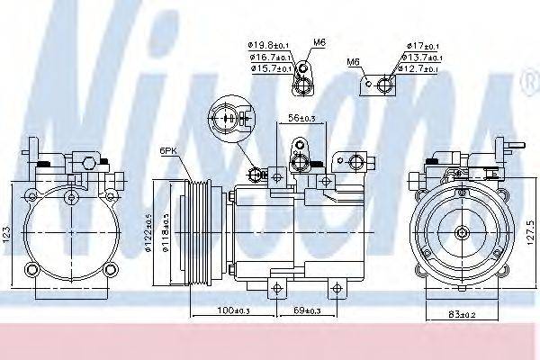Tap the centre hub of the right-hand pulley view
(x=462, y=233)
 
